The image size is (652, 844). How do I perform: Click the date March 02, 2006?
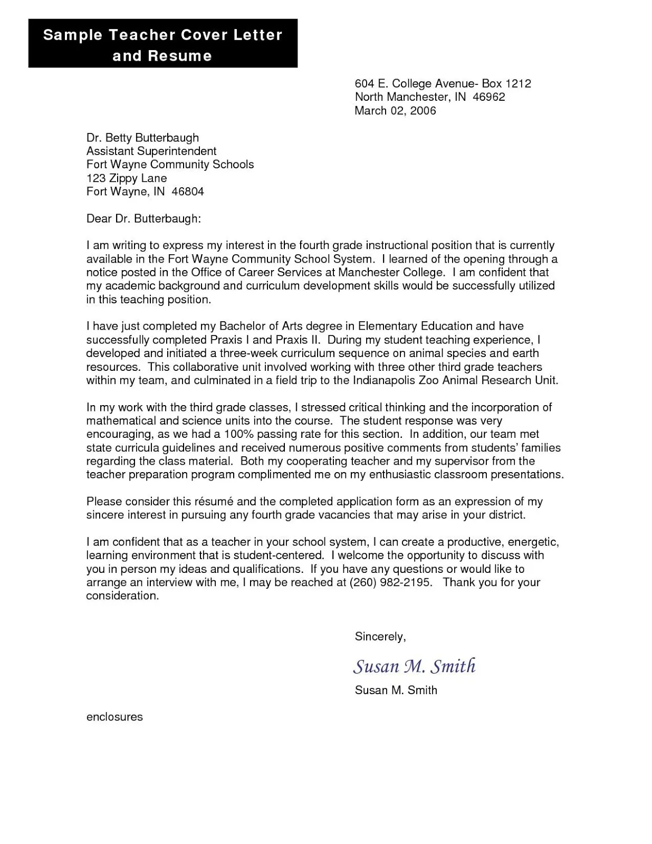point(395,111)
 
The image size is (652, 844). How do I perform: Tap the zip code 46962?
point(489,97)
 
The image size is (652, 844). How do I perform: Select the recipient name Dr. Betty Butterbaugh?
point(142,138)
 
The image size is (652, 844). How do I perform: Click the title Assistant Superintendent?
point(151,151)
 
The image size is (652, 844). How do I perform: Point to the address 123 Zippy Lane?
point(127,178)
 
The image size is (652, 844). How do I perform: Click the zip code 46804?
point(188,191)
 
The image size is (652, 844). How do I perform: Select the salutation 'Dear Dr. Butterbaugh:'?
point(143,218)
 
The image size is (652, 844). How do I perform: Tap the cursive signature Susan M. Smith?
point(414,666)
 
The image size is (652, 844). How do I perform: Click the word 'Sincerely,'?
point(380,637)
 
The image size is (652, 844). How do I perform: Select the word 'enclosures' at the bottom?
point(114,717)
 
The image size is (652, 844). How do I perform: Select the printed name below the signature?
point(396,690)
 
